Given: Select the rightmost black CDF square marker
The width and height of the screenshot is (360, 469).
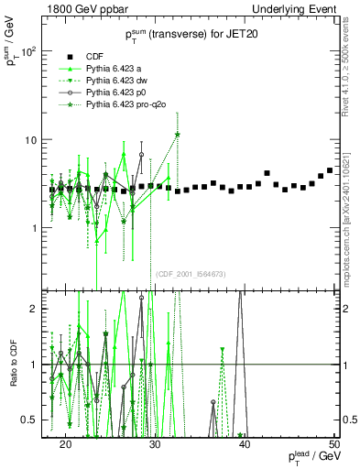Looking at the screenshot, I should [x=330, y=170].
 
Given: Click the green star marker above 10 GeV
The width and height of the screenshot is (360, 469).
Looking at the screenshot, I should [x=177, y=135].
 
